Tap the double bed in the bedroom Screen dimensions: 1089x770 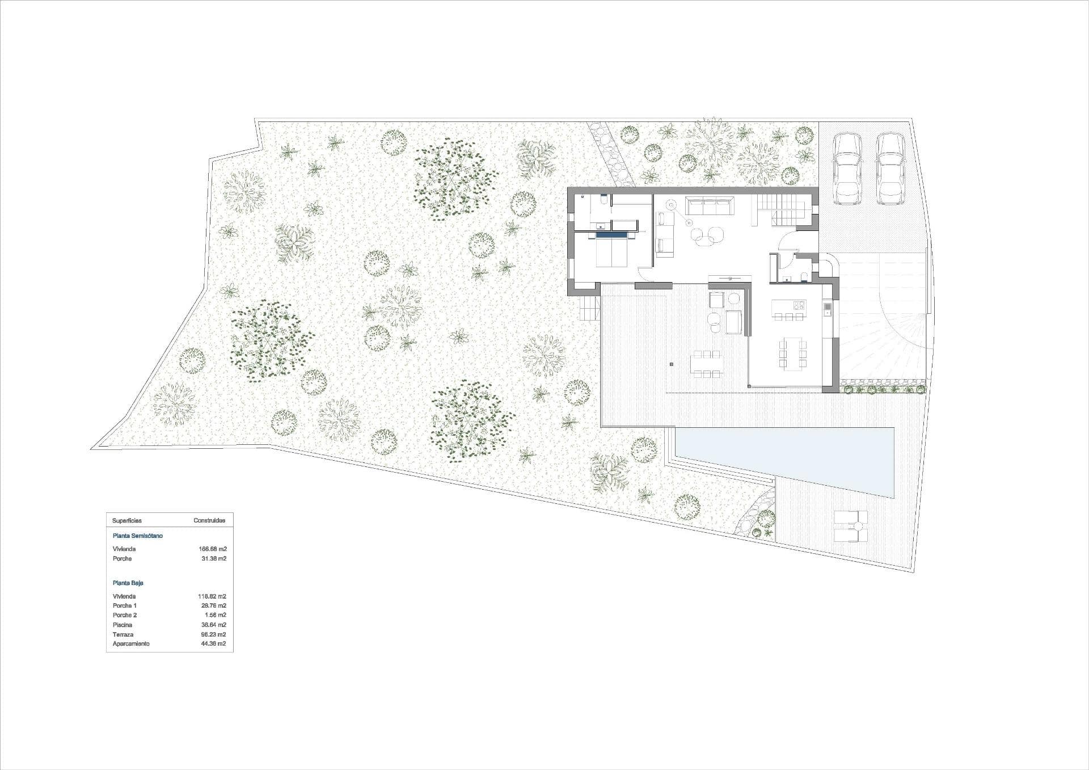coord(612,252)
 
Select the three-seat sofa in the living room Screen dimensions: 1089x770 coord(710,206)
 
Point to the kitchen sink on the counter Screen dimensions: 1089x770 coord(827,309)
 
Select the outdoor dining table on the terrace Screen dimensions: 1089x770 coord(706,364)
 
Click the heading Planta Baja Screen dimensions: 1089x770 coord(128,583)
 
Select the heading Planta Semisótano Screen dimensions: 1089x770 coord(138,536)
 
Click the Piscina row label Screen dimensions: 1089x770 coord(123,625)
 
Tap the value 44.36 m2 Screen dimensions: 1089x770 coord(212,643)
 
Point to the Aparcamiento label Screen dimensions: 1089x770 coord(131,643)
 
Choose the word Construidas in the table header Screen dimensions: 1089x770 coord(209,520)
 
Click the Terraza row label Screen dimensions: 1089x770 coord(123,634)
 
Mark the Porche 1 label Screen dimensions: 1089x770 coord(125,605)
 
